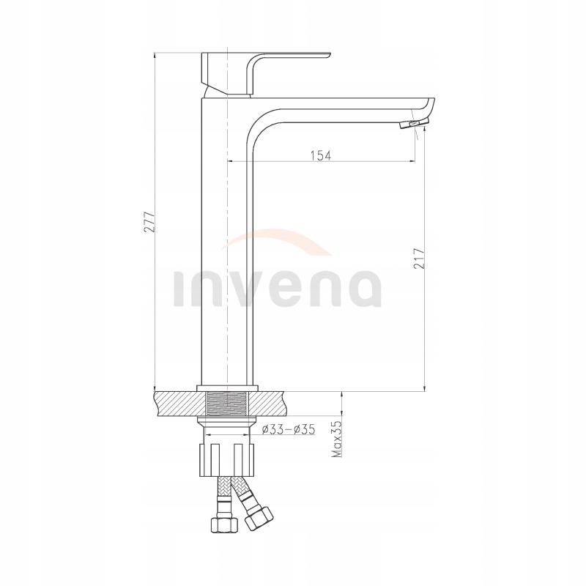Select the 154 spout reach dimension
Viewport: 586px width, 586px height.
coord(321,155)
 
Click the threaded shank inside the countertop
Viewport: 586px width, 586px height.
coord(228,404)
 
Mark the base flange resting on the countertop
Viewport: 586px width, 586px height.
coord(228,387)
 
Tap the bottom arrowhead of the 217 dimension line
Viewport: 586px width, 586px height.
coord(424,385)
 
